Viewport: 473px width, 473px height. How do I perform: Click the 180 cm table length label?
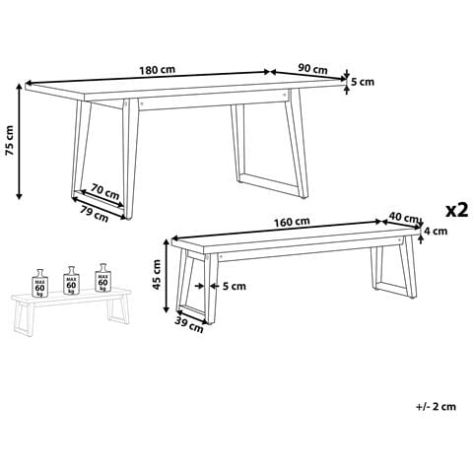point(158,70)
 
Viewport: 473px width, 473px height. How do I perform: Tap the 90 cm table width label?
point(312,69)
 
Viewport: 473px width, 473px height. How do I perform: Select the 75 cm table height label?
point(10,141)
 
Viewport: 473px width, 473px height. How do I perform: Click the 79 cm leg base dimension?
point(95,214)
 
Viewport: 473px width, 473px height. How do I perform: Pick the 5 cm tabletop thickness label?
point(363,82)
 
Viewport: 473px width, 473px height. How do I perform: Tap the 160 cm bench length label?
point(292,222)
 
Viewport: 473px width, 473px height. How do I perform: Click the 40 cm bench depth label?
point(403,217)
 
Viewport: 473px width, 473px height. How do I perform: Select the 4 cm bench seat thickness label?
point(436,232)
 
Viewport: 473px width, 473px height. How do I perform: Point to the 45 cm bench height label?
point(157,275)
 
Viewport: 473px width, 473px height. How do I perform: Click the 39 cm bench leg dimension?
point(188,325)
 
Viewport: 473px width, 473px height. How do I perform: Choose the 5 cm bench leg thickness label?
point(235,287)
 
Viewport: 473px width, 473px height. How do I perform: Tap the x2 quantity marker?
point(457,210)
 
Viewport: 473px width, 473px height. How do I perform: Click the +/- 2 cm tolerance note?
point(436,407)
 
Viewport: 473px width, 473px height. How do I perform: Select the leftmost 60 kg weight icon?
point(39,283)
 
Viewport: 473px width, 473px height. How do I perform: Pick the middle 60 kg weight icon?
point(71,280)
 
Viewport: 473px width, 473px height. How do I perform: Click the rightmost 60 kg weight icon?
point(102,278)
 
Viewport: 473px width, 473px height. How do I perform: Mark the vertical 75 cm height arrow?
point(19,141)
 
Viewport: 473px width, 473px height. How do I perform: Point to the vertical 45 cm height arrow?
point(167,276)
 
